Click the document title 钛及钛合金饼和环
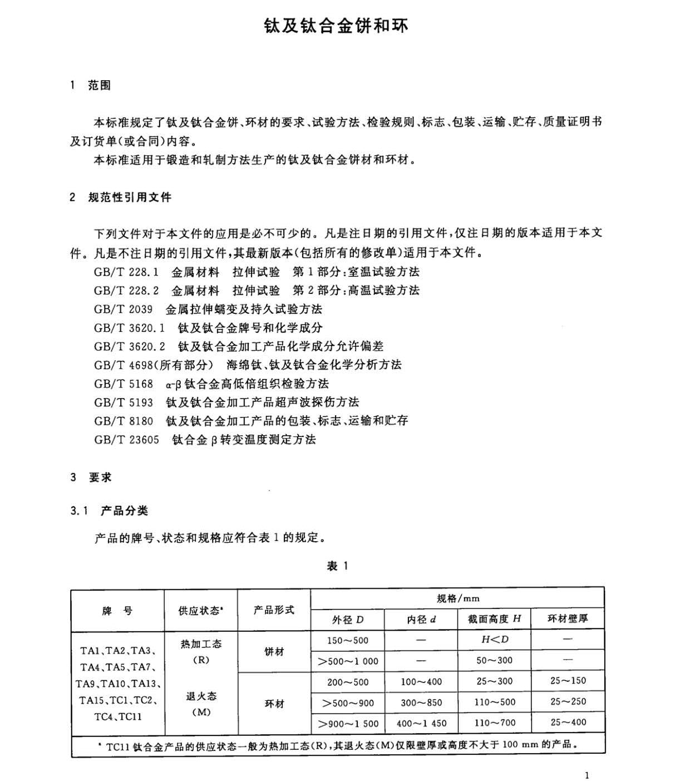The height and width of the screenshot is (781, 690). click(x=336, y=26)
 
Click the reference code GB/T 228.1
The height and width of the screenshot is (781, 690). click(x=126, y=272)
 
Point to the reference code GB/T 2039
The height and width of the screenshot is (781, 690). click(x=123, y=310)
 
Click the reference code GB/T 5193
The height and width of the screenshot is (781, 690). click(x=123, y=402)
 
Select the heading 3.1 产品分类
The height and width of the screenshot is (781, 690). click(x=109, y=511)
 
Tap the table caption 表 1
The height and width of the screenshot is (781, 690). click(x=337, y=567)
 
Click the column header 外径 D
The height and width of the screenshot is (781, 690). click(x=348, y=620)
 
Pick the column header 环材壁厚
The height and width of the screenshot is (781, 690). click(x=568, y=619)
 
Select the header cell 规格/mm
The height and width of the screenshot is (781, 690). click(x=457, y=598)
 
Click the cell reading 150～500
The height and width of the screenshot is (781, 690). click(x=348, y=641)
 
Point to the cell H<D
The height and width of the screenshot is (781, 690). click(x=495, y=640)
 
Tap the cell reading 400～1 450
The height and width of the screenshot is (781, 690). click(x=421, y=724)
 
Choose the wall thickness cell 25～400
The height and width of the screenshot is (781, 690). click(x=568, y=723)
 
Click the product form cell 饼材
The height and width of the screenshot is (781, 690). click(x=274, y=651)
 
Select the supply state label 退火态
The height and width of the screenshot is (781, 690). click(x=201, y=696)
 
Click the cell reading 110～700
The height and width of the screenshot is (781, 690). click(x=495, y=723)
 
